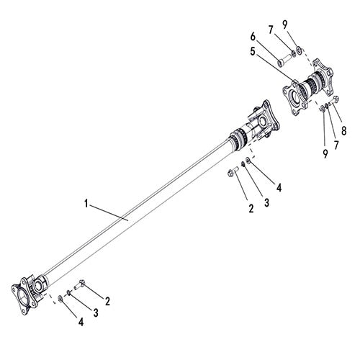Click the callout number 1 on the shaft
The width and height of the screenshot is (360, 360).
87,204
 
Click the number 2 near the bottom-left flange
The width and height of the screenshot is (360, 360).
107,300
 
